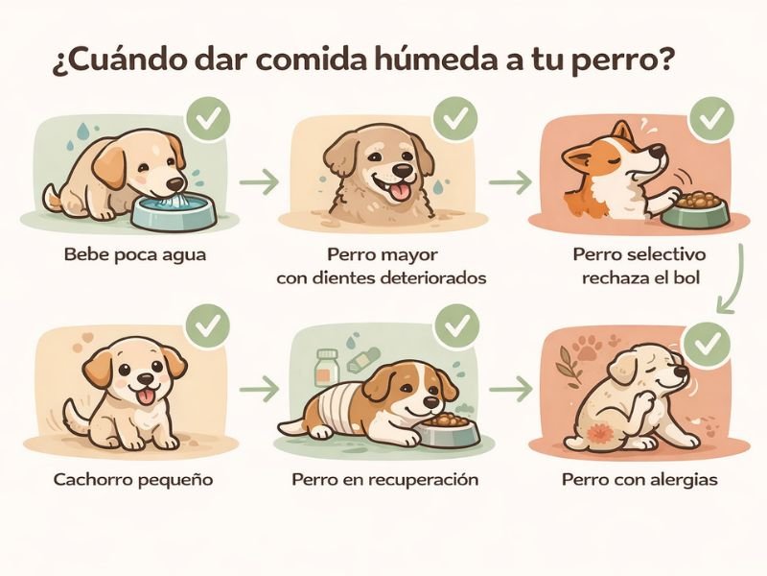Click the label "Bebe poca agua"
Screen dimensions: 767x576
[135, 254]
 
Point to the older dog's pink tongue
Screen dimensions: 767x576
[401, 191]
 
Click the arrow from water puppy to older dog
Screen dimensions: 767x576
[259, 181]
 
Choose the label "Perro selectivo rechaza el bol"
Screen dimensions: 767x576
[640, 266]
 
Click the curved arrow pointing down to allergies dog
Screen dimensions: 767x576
[733, 279]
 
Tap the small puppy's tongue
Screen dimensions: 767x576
[145, 396]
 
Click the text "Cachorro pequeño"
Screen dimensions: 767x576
[133, 479]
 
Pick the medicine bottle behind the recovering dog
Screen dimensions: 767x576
[326, 368]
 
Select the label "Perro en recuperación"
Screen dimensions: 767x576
[385, 479]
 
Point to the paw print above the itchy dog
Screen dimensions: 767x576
[587, 348]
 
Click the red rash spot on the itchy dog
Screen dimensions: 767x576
[599, 433]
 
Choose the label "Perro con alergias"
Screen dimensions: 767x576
[639, 479]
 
